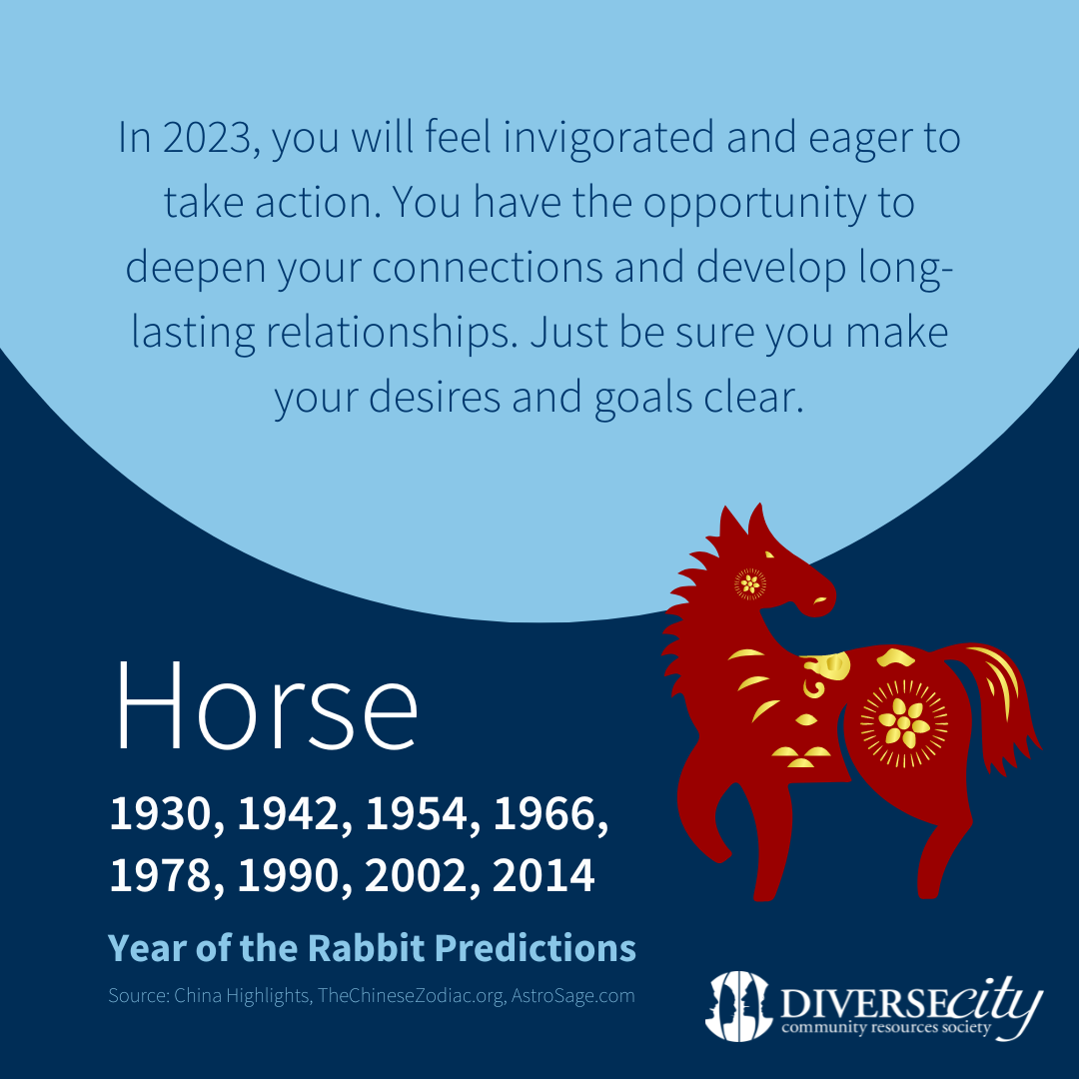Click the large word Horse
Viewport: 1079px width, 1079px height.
coord(267,705)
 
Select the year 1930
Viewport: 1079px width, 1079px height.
coord(160,814)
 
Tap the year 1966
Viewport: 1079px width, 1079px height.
coord(544,814)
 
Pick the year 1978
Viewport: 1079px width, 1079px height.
coord(160,876)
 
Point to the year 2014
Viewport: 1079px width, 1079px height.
coord(543,876)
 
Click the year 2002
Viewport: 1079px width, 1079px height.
coord(415,876)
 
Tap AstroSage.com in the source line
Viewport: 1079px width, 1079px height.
coord(572,996)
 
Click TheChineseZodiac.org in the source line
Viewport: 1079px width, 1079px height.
coord(411,996)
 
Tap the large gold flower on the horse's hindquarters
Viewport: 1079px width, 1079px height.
coord(903,722)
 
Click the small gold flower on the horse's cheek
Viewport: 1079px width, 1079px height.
coord(750,584)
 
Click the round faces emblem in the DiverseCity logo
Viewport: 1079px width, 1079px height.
coord(737,1005)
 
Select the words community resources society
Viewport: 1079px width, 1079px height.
coord(885,1028)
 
